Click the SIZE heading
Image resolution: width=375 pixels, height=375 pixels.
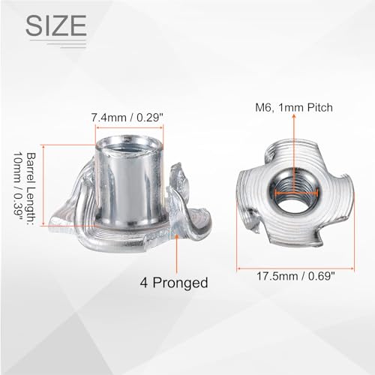point(56,25)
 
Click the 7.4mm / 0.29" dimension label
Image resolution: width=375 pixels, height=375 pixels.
point(127,118)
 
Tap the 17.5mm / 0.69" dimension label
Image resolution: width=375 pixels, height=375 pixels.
point(295,277)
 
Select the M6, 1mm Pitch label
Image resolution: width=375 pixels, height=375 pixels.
point(294,107)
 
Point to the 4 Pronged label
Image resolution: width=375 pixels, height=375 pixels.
point(174,283)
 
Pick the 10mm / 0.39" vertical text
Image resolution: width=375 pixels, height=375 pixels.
point(18,187)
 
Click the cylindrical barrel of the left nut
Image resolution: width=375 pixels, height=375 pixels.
point(129,182)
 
